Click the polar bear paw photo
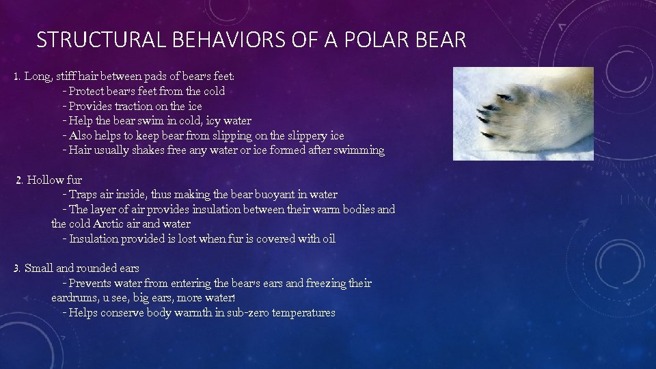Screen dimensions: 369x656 (x=523, y=113)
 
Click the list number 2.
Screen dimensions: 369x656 (x=19, y=180)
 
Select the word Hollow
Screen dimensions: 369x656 (x=46, y=180)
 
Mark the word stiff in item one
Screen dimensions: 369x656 (x=66, y=77)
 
